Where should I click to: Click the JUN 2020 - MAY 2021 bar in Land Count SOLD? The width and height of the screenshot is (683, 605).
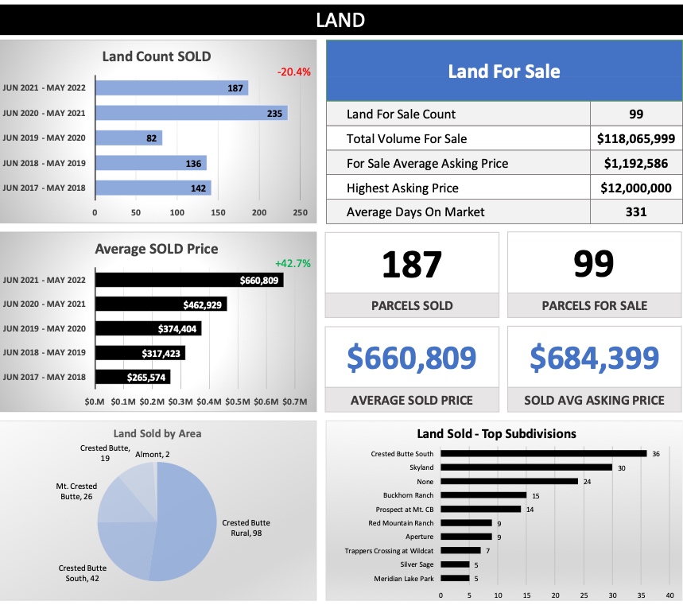pos(191,113)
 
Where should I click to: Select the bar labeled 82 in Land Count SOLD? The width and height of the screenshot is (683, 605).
pos(128,138)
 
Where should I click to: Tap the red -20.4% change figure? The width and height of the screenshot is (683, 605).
pos(293,72)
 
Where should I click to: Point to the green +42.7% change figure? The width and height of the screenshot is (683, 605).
pos(293,263)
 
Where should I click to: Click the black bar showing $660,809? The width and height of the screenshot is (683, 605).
pos(189,280)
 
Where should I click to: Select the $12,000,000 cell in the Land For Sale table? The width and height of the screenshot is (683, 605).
pos(635,188)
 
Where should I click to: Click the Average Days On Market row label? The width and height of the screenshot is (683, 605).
pos(415,211)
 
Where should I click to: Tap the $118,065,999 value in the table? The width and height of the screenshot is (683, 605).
pos(635,138)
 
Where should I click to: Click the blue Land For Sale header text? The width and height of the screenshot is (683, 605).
pos(503,72)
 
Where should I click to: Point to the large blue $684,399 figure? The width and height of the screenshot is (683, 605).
pos(594,359)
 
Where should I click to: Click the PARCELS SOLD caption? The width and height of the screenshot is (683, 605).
pos(412,305)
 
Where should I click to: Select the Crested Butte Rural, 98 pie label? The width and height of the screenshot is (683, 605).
pos(246,528)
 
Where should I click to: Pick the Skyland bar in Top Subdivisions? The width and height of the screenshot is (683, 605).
pos(526,467)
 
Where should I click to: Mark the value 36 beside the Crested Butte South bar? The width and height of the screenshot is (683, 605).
pos(656,454)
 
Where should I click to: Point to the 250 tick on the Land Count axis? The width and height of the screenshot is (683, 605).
pos(300,212)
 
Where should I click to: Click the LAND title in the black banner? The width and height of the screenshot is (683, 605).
pos(340,20)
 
